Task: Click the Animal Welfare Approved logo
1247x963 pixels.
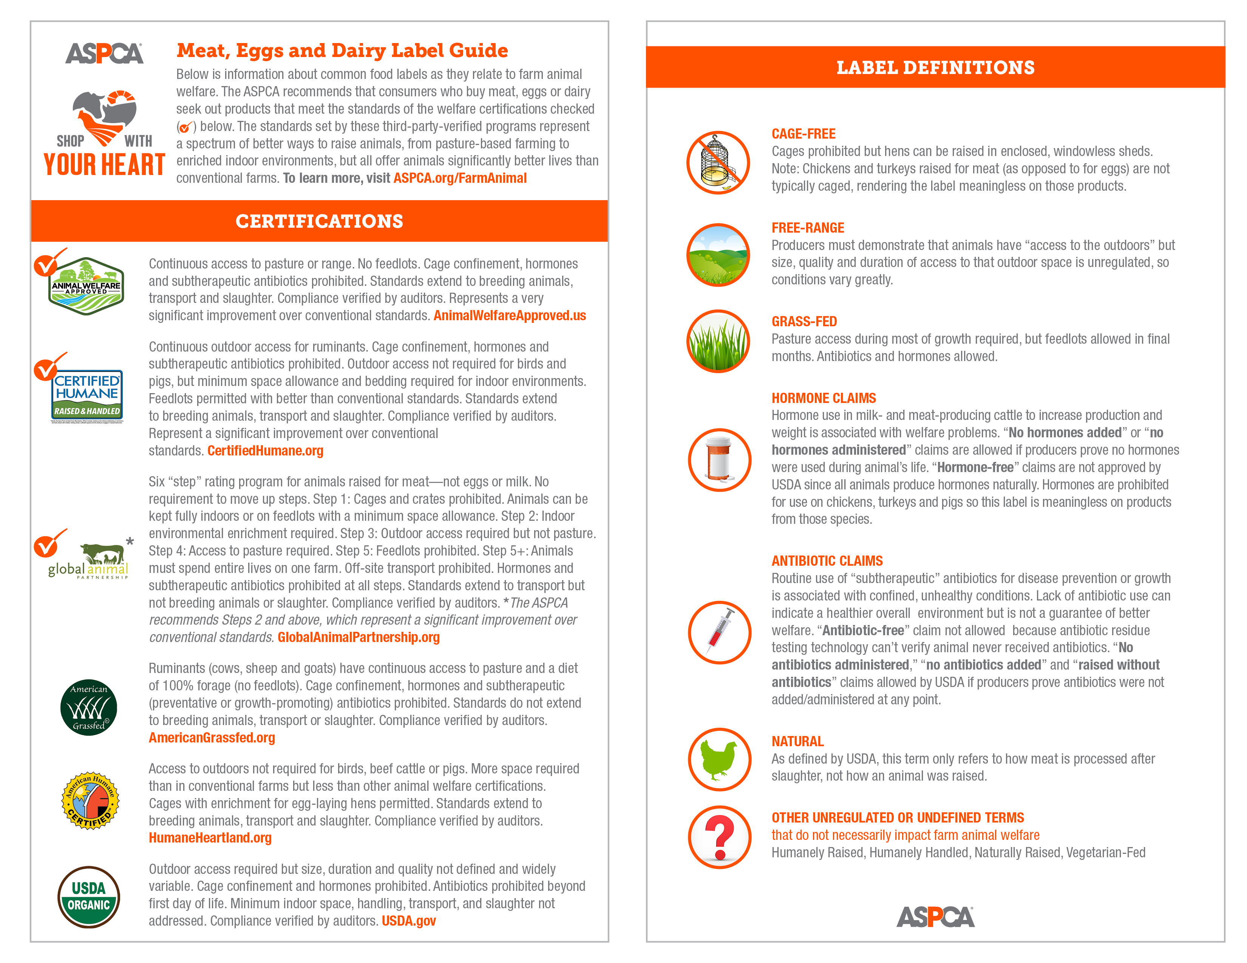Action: [x=86, y=286]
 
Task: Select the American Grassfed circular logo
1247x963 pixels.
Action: [x=88, y=707]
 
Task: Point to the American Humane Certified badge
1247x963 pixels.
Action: [x=90, y=800]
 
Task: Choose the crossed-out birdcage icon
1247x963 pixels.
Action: [x=718, y=163]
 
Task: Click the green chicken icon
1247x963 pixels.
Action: [x=719, y=759]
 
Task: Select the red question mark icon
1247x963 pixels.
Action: [x=719, y=837]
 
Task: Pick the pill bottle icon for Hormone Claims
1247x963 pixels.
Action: [x=719, y=460]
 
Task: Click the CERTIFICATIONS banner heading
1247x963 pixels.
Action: [x=319, y=221]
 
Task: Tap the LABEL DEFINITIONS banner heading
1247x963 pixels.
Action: [x=935, y=67]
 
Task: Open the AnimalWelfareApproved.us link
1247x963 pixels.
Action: [x=509, y=316]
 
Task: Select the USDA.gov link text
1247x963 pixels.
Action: [x=408, y=921]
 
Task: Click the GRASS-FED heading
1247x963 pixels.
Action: [x=804, y=321]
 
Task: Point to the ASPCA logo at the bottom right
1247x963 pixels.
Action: [x=935, y=917]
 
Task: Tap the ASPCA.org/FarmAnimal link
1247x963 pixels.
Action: [x=460, y=178]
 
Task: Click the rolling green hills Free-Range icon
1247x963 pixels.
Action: [x=718, y=255]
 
